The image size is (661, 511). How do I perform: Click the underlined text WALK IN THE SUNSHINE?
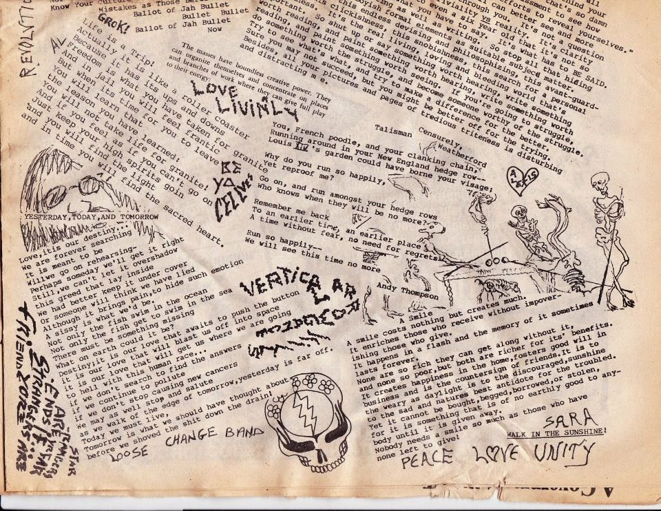tap(556, 432)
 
